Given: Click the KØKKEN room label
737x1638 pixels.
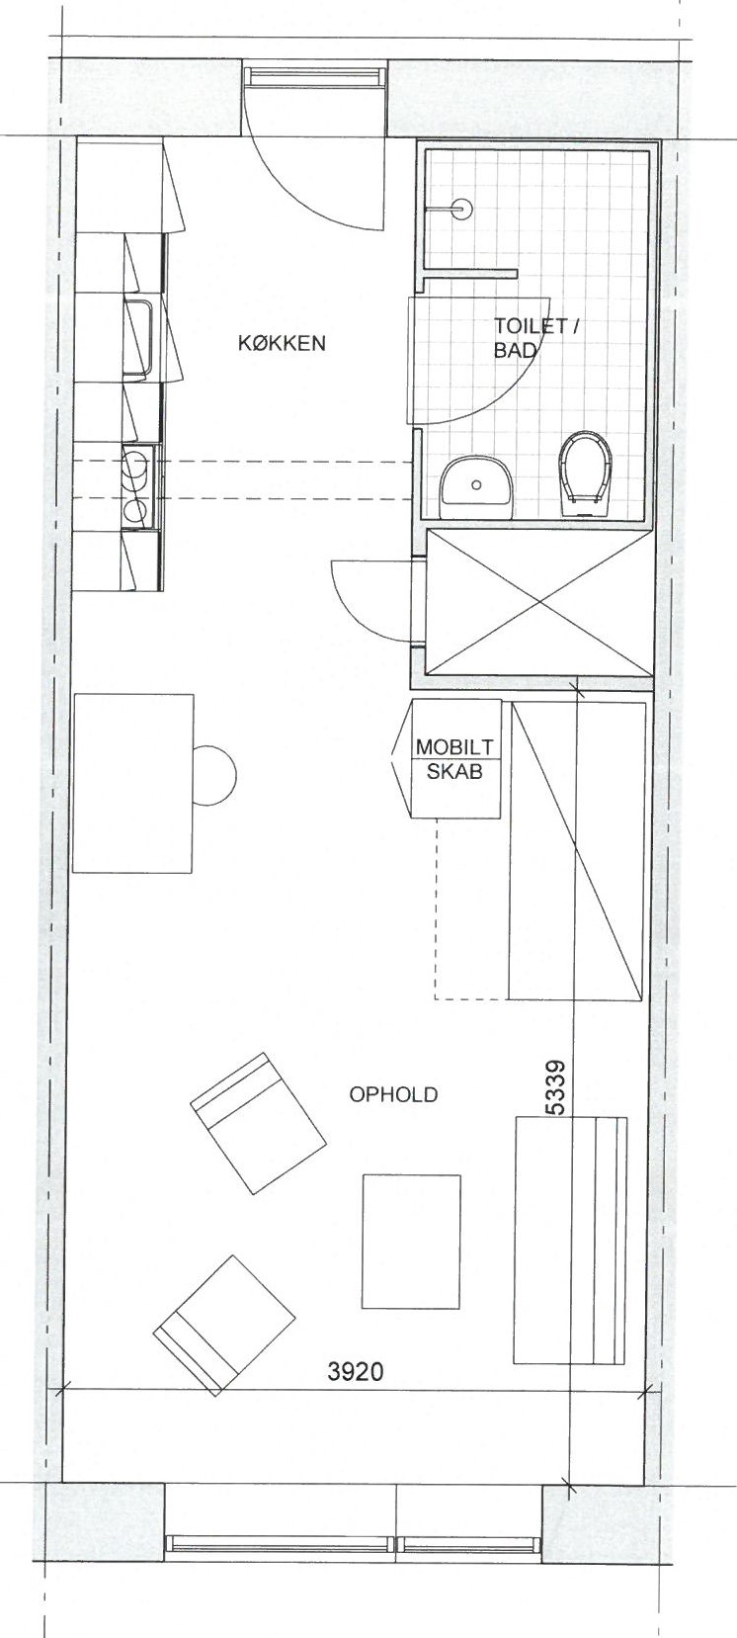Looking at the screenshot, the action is pos(282,343).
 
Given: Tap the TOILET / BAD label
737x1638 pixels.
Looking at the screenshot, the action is pos(536,338).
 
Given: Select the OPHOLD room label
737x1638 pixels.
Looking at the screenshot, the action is pos(393,1094).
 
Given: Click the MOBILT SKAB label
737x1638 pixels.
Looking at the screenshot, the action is pos(454,759).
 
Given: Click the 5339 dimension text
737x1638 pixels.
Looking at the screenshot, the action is pos(556,1087).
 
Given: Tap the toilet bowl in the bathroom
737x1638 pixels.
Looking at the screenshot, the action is pos(584,474).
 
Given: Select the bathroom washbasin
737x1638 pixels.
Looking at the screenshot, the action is pos(476,481).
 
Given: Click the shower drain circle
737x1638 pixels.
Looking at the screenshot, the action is pos(462,210).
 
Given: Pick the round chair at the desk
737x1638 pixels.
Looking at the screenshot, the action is pos(214,775).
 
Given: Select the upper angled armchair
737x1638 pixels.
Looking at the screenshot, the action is pos(258,1121).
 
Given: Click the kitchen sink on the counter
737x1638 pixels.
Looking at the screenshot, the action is pos(139,340).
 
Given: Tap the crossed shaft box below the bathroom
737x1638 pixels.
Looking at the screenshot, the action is pos(538,603).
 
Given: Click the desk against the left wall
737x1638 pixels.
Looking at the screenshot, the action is pos(133,783).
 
